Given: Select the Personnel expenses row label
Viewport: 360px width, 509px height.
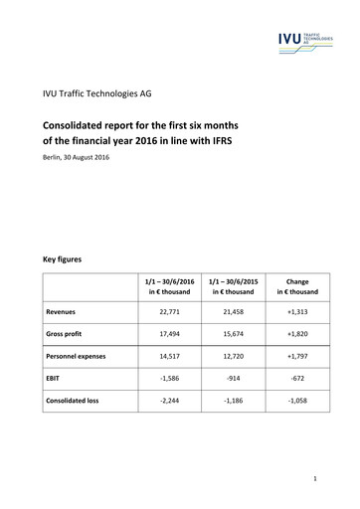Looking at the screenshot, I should tap(81, 355).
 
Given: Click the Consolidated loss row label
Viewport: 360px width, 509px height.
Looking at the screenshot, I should tap(79, 400).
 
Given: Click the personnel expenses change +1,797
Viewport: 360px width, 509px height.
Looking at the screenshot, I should tap(297, 355).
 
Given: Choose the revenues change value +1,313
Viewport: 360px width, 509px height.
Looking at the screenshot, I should tap(297, 311).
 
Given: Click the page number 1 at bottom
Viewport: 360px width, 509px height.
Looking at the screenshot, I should tap(313, 479).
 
